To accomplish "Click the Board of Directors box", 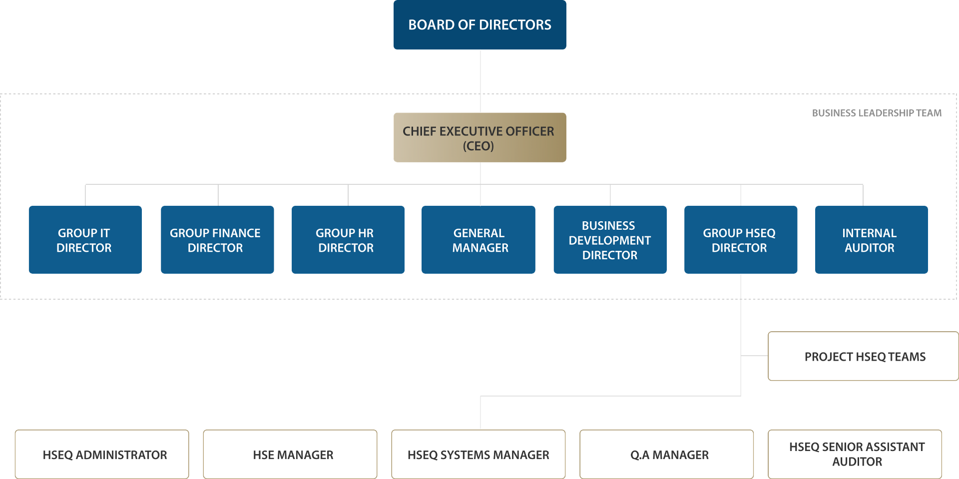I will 479,25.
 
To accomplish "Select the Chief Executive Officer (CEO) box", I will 479,137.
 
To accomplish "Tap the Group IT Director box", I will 85,240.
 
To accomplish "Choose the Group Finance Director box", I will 217,240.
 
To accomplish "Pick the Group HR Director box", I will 348,240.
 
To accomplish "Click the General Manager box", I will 479,240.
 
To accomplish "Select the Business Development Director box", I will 610,240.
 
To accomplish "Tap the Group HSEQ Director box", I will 741,240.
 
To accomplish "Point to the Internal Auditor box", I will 871,240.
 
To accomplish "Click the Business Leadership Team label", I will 877,113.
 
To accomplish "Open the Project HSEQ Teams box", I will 863,356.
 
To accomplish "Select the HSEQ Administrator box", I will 102,455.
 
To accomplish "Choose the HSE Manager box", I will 290,455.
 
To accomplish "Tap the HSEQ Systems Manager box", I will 479,455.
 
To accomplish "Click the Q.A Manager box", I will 666,455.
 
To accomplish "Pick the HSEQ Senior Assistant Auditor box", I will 855,455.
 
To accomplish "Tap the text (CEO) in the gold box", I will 478,146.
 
